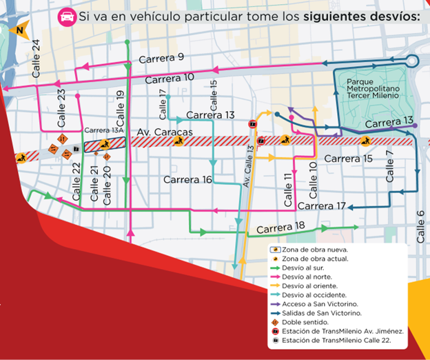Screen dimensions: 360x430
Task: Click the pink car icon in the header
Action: click(x=67, y=15)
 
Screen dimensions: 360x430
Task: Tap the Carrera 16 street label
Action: click(x=187, y=180)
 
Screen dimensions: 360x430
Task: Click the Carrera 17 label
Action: click(x=322, y=206)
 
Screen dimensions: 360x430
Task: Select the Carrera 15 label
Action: click(x=348, y=159)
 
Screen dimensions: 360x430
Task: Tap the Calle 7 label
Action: click(x=390, y=166)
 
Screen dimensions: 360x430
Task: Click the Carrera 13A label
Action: click(x=103, y=130)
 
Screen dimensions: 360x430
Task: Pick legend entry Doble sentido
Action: click(x=300, y=321)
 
